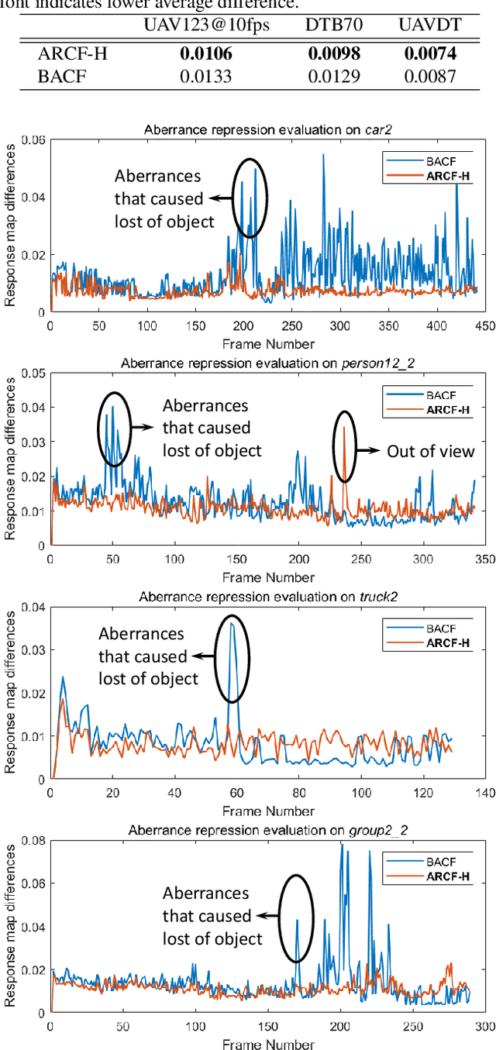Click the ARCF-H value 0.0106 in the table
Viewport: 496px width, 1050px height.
pyautogui.click(x=205, y=54)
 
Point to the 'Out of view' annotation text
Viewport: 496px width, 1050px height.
pyautogui.click(x=430, y=451)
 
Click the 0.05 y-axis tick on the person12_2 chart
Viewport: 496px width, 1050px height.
pyautogui.click(x=33, y=373)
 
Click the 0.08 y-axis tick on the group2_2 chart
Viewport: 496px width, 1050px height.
pyautogui.click(x=33, y=840)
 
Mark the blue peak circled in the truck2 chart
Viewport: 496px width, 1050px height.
pyautogui.click(x=231, y=622)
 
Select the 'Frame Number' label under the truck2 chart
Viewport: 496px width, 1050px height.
pyautogui.click(x=268, y=811)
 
